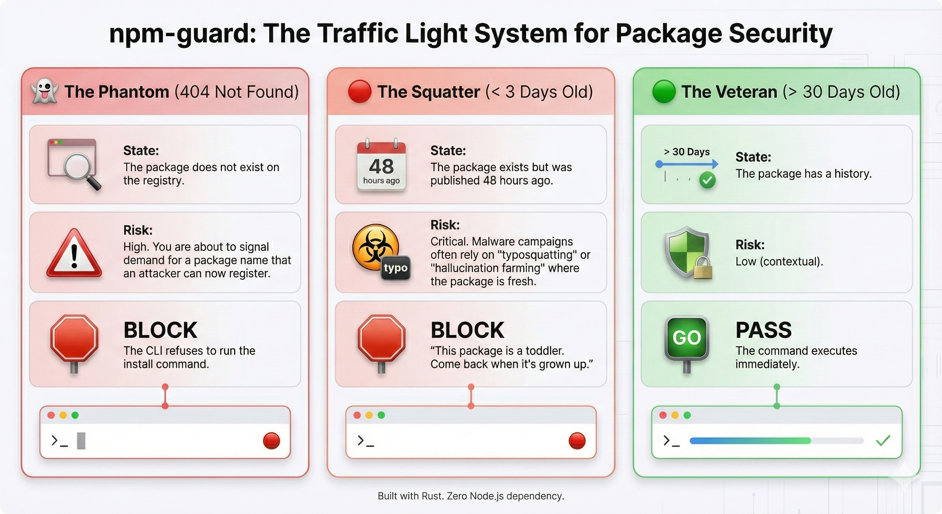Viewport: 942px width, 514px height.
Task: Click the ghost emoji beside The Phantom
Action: [44, 91]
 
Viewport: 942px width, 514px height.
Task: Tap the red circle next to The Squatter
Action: [360, 91]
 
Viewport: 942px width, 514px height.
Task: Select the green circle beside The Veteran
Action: [664, 91]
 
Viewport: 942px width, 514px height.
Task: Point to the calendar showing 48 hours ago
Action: [381, 165]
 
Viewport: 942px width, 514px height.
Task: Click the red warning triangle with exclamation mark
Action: [74, 253]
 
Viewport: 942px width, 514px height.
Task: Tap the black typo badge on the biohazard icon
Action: [396, 268]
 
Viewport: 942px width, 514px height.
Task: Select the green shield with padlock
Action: [687, 252]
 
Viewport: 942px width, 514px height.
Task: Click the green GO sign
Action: [687, 337]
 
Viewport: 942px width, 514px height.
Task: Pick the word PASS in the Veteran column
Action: [764, 330]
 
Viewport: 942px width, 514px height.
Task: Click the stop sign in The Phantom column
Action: [74, 338]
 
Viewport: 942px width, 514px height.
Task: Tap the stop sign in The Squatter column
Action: [381, 338]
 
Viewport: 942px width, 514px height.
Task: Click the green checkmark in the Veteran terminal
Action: [883, 440]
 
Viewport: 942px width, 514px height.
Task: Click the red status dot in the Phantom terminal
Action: [271, 440]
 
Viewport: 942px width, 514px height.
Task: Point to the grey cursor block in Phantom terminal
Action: [81, 440]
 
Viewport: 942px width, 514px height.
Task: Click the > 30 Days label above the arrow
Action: [686, 152]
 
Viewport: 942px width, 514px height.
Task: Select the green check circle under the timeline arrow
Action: [708, 180]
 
